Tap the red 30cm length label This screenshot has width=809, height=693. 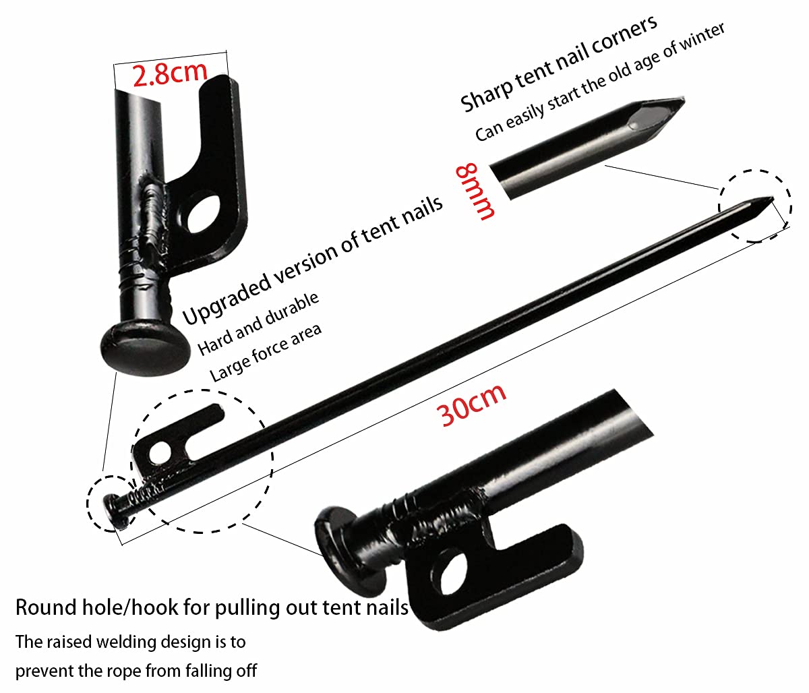pyautogui.click(x=473, y=405)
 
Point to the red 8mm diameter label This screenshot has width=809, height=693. pyautogui.click(x=475, y=191)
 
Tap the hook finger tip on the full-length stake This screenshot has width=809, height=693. pyautogui.click(x=219, y=411)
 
